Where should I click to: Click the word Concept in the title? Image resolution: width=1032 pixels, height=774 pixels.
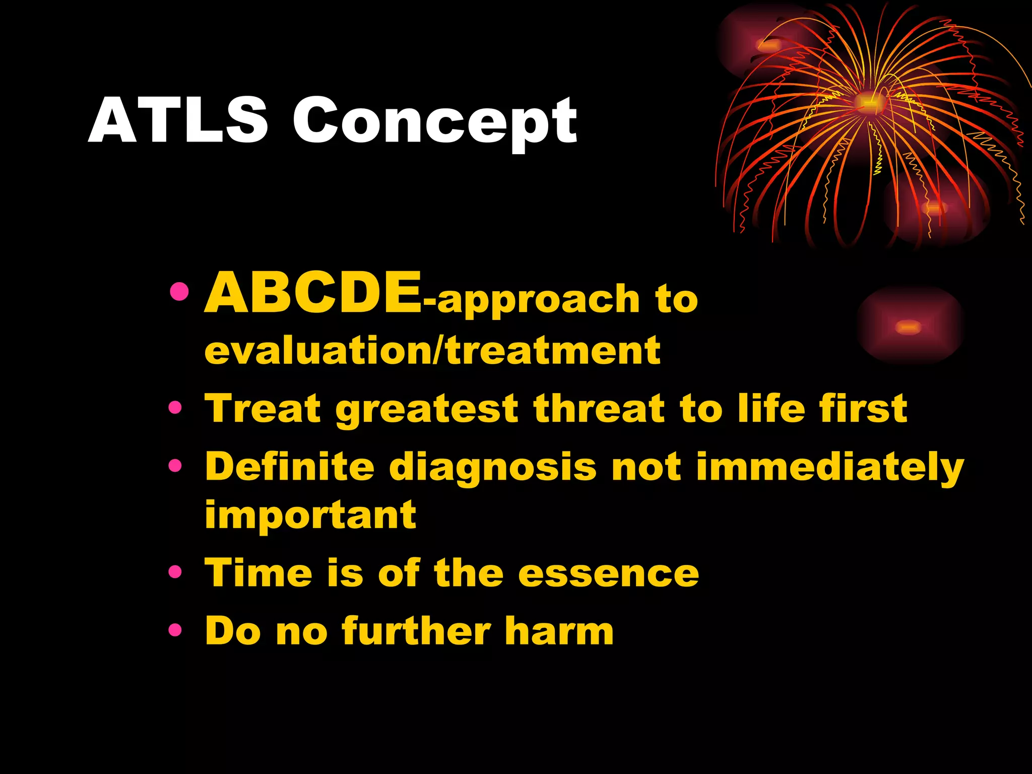pos(435,122)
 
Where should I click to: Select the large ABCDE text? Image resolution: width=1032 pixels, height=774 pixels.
pos(312,293)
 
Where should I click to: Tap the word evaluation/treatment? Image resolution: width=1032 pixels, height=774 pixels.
pos(432,350)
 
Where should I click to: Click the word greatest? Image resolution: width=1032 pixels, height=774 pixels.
pos(426,409)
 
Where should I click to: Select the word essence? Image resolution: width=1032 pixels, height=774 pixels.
pos(608,573)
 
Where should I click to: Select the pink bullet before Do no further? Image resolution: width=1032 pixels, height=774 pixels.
pos(175,629)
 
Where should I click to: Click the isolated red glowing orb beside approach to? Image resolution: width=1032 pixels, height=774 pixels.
pos(909,327)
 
